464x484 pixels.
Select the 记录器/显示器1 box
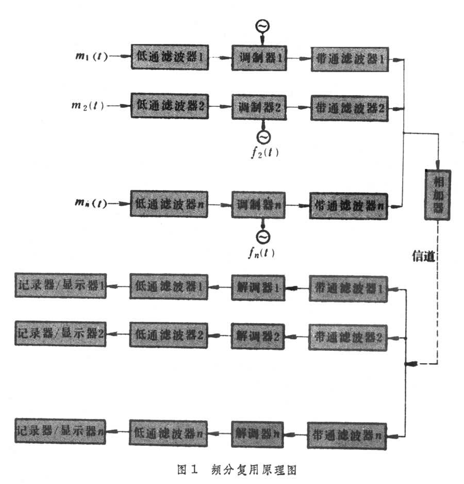click(60, 286)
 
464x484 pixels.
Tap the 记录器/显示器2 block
click(60, 333)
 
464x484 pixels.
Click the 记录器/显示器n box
click(60, 430)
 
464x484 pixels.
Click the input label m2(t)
click(88, 106)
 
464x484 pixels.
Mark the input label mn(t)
click(90, 203)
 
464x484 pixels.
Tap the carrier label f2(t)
click(263, 153)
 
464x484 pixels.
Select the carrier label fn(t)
click(262, 253)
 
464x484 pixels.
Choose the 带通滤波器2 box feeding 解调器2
click(349, 337)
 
